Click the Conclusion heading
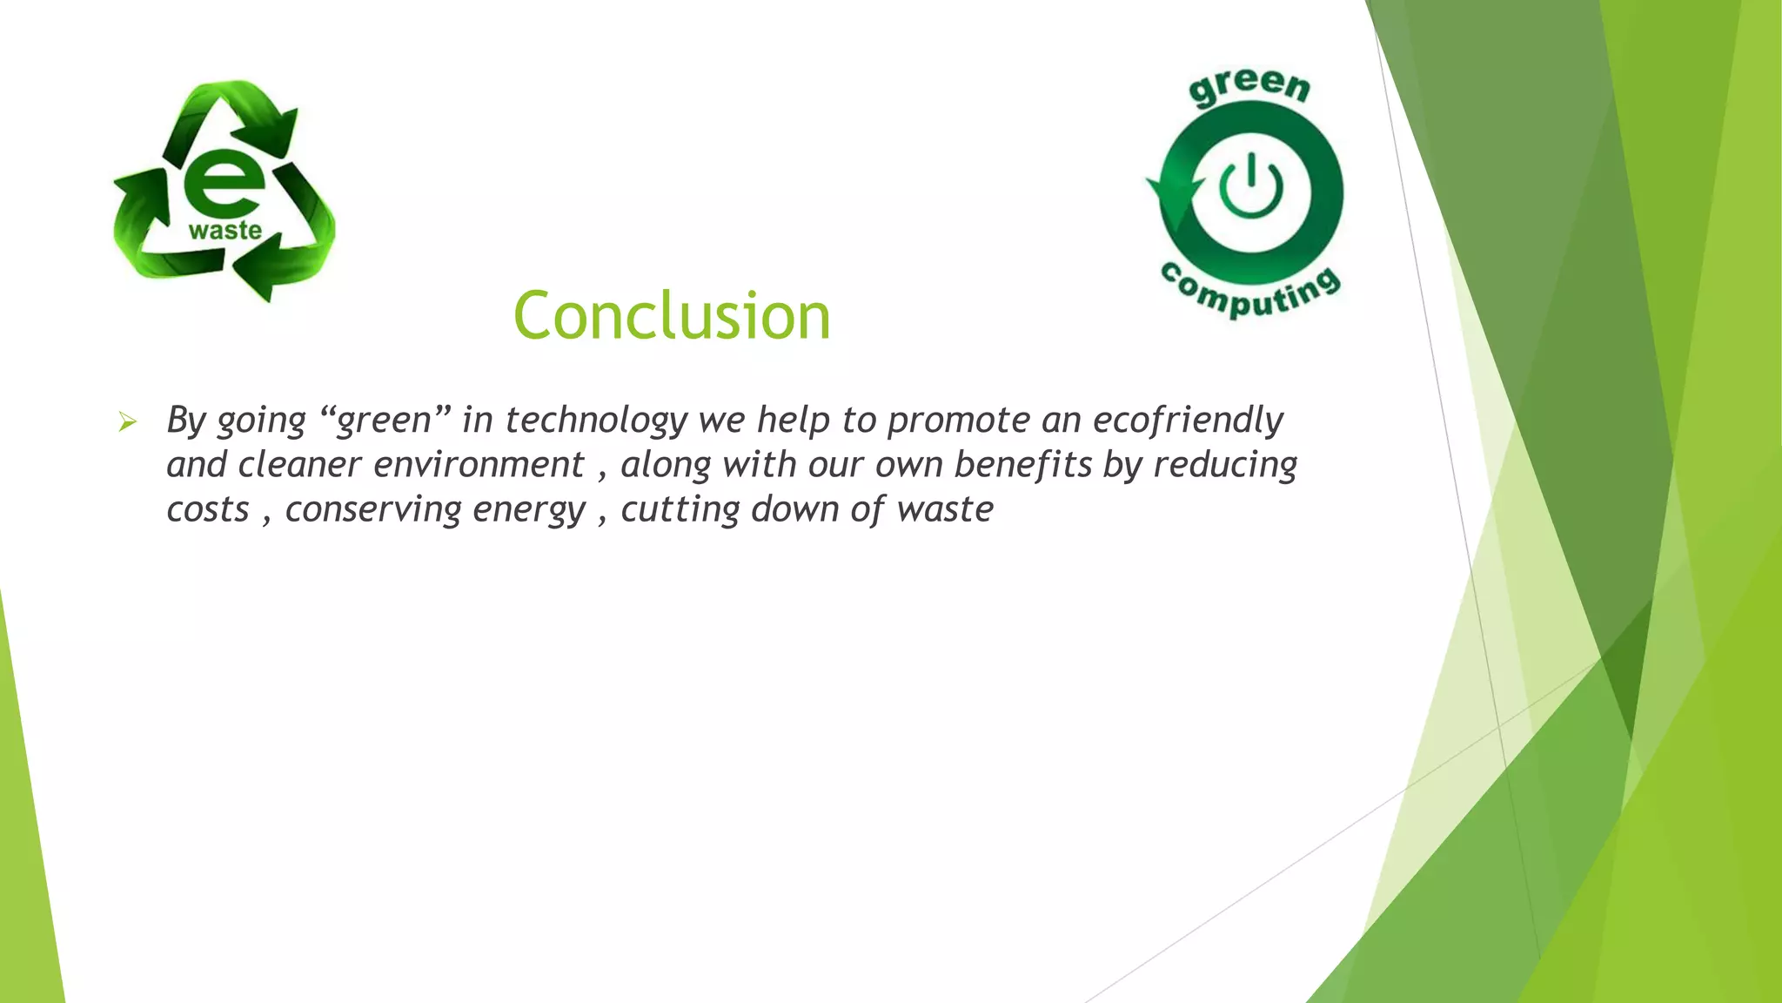pyautogui.click(x=672, y=315)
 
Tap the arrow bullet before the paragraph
pyautogui.click(x=128, y=423)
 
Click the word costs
pyautogui.click(x=208, y=510)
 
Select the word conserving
pyautogui.click(x=373, y=510)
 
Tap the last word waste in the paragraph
pyautogui.click(x=945, y=510)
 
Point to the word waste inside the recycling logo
pyautogui.click(x=225, y=231)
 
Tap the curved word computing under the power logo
pyautogui.click(x=1251, y=292)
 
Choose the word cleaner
pyautogui.click(x=299, y=465)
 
